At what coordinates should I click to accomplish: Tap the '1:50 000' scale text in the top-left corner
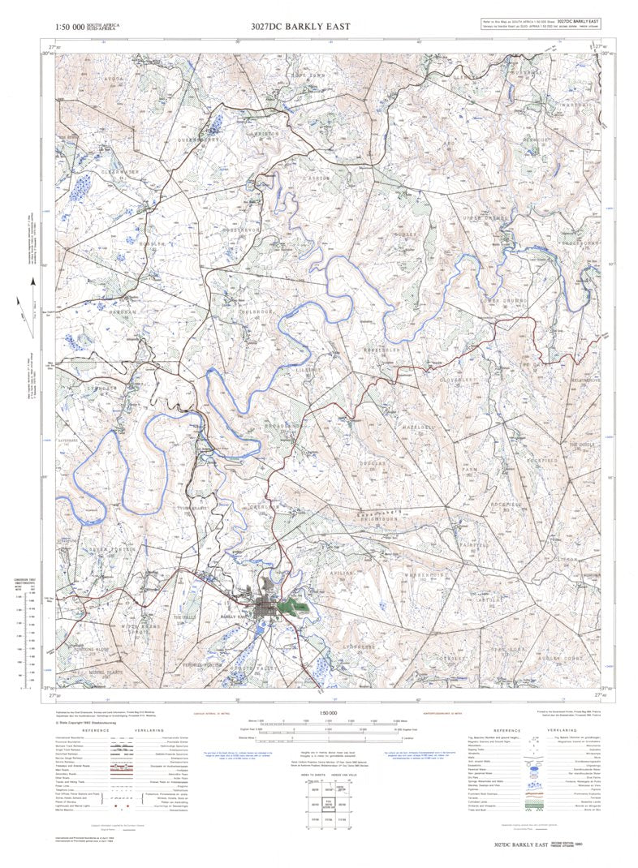[69, 28]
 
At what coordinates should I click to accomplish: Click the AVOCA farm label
[114, 79]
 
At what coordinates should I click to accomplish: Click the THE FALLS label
[185, 617]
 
